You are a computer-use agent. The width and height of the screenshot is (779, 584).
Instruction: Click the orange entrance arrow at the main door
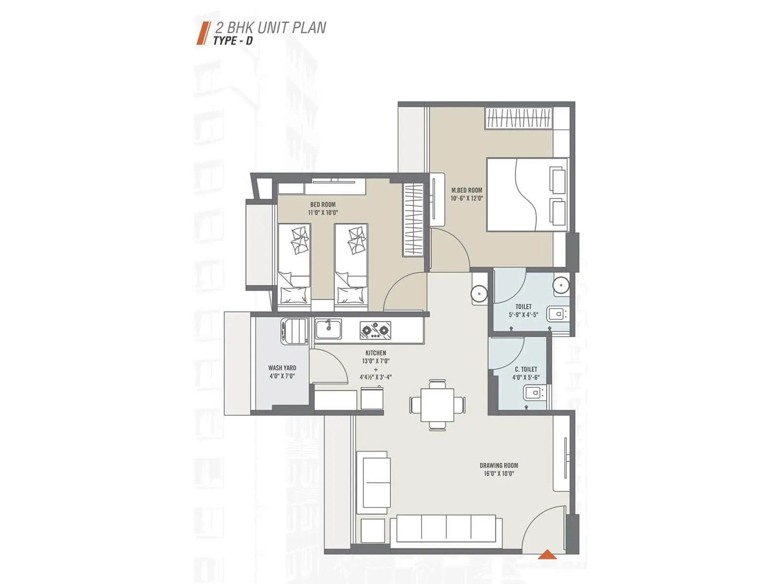tap(548, 554)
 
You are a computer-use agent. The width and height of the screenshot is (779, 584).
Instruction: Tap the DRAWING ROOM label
tap(499, 465)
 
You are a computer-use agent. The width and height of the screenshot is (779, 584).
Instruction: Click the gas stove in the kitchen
tap(375, 330)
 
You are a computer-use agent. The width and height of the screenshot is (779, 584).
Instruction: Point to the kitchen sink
tap(328, 329)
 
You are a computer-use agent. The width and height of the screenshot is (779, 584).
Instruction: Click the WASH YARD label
tap(282, 368)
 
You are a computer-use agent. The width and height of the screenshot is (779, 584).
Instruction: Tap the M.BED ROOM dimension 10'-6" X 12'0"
tap(466, 198)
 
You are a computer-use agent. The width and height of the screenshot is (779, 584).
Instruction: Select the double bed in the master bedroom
tap(527, 194)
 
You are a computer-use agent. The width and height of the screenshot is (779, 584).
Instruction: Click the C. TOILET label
tap(526, 369)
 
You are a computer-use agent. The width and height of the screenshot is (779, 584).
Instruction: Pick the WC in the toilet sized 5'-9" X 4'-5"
tap(556, 314)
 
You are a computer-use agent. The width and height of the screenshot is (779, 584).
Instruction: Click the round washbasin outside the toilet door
tap(479, 293)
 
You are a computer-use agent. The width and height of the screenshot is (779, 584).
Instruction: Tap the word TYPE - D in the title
tap(233, 41)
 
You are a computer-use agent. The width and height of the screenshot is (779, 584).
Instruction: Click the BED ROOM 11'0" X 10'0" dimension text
tap(322, 213)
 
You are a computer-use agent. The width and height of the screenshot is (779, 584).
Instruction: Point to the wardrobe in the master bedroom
tap(519, 118)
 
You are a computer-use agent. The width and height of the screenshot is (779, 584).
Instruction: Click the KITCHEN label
tap(375, 353)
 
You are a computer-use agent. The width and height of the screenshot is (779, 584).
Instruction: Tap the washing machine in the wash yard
tap(294, 331)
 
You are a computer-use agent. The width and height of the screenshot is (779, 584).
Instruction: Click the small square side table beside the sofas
tap(372, 531)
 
